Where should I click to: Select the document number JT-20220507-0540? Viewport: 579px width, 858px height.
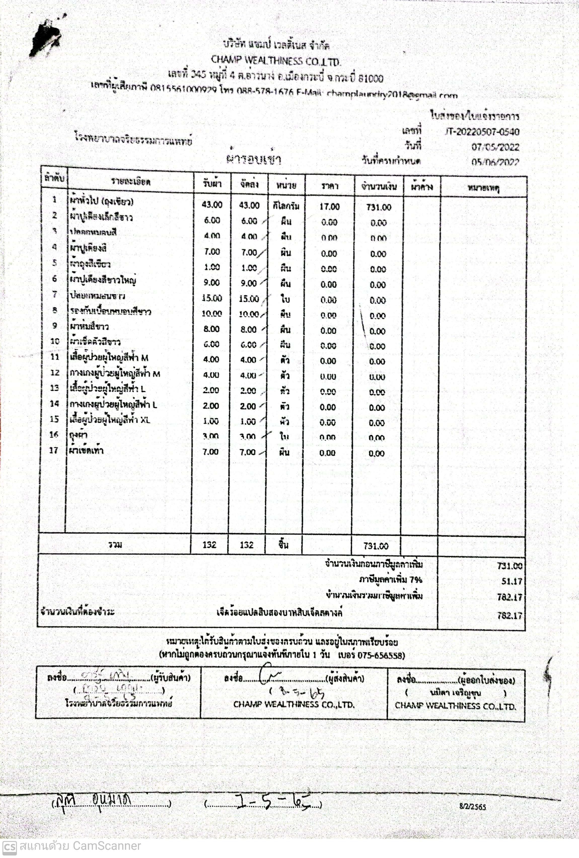pyautogui.click(x=482, y=132)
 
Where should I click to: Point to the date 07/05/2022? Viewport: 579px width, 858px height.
pyautogui.click(x=495, y=147)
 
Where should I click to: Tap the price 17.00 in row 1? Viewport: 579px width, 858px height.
pyautogui.click(x=329, y=206)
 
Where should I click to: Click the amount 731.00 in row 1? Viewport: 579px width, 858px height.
pyautogui.click(x=379, y=207)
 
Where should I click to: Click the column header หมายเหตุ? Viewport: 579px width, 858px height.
pyautogui.click(x=483, y=188)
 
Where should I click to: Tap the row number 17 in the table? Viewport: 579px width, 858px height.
pyautogui.click(x=54, y=450)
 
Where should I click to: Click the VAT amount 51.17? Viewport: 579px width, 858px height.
pyautogui.click(x=512, y=581)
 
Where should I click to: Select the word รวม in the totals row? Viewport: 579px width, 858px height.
pyautogui.click(x=115, y=545)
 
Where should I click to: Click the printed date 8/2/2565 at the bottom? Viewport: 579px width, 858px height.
pyautogui.click(x=473, y=807)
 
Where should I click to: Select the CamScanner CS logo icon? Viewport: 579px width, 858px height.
pyautogui.click(x=9, y=847)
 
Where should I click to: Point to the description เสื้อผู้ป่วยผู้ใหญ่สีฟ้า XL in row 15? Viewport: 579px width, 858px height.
pyautogui.click(x=110, y=420)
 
